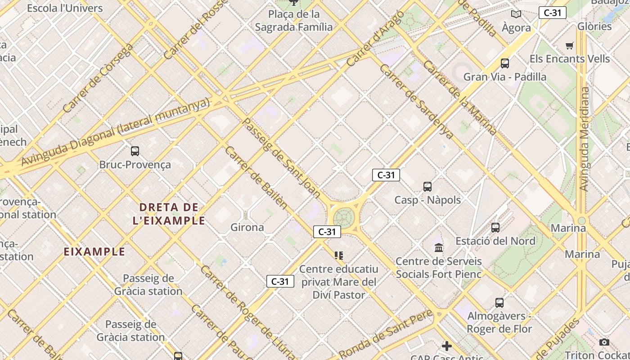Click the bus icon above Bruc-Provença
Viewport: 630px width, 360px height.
[135, 151]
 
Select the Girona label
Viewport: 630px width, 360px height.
[247, 227]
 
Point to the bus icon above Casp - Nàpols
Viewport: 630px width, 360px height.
[427, 186]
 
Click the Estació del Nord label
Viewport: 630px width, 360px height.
[495, 241]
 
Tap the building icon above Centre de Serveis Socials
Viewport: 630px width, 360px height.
[439, 247]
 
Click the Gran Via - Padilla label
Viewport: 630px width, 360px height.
[505, 76]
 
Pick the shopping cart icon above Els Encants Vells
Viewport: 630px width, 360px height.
[570, 45]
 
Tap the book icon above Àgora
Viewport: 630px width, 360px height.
[516, 14]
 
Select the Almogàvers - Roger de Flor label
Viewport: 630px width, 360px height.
[499, 322]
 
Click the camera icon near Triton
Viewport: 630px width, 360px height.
[604, 342]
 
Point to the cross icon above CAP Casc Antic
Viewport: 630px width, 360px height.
[446, 346]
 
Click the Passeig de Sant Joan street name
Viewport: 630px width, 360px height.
[281, 158]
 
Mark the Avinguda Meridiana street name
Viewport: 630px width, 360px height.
[584, 139]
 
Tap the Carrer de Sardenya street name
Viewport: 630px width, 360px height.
[416, 101]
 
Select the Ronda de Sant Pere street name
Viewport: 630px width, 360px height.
[386, 333]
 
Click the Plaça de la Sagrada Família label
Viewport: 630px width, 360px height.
[294, 21]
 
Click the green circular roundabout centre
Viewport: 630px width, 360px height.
[344, 217]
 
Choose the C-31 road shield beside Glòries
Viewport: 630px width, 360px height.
[552, 13]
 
